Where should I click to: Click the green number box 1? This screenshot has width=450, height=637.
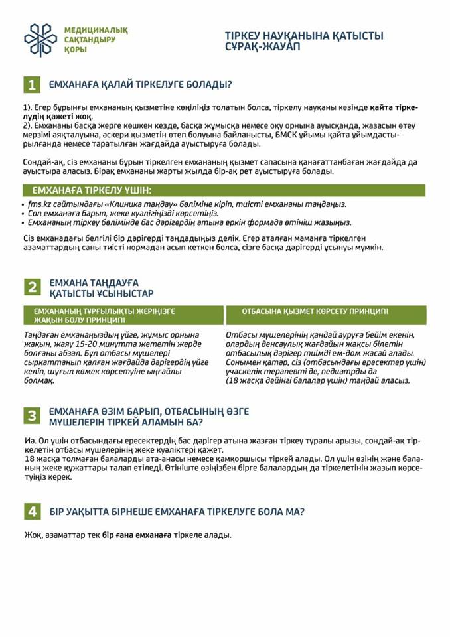[32, 84]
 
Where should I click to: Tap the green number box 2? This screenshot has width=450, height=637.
[32, 287]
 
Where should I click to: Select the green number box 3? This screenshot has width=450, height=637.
[32, 416]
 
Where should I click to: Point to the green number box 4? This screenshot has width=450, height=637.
[32, 512]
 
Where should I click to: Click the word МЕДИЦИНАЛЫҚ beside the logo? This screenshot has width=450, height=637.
[96, 30]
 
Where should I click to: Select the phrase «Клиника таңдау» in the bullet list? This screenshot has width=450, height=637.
[119, 204]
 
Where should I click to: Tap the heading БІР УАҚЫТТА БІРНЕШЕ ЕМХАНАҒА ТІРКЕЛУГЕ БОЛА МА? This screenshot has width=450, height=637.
[177, 512]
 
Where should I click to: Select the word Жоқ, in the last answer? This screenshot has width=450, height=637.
[32, 535]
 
